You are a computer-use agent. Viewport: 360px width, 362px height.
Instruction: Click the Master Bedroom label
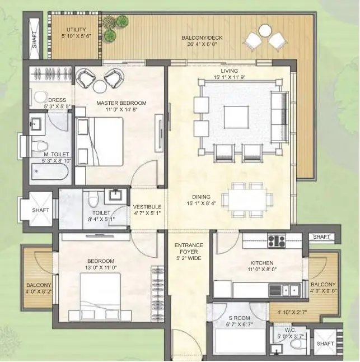(121, 103)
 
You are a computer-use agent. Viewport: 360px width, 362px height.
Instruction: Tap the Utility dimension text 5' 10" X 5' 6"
(76, 36)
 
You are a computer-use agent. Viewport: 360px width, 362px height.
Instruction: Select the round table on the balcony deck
(265, 31)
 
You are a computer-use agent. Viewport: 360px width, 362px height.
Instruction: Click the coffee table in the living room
(236, 117)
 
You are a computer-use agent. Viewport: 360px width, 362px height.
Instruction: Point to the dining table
(247, 200)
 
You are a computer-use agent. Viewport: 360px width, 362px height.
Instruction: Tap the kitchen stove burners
(276, 241)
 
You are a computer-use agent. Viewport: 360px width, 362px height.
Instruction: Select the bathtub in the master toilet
(50, 171)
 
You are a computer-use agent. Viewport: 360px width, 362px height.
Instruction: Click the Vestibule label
(147, 207)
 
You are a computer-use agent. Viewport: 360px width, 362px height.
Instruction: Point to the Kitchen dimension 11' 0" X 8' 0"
(262, 269)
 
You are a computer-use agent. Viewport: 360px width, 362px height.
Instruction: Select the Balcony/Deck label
(202, 38)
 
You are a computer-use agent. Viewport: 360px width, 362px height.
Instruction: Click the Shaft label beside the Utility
(34, 40)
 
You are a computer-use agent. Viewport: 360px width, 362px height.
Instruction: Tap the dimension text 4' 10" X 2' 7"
(292, 312)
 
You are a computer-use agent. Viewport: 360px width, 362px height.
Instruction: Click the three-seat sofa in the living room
(280, 117)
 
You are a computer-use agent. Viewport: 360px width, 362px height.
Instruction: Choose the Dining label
(202, 197)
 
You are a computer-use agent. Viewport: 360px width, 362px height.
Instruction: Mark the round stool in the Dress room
(41, 98)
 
